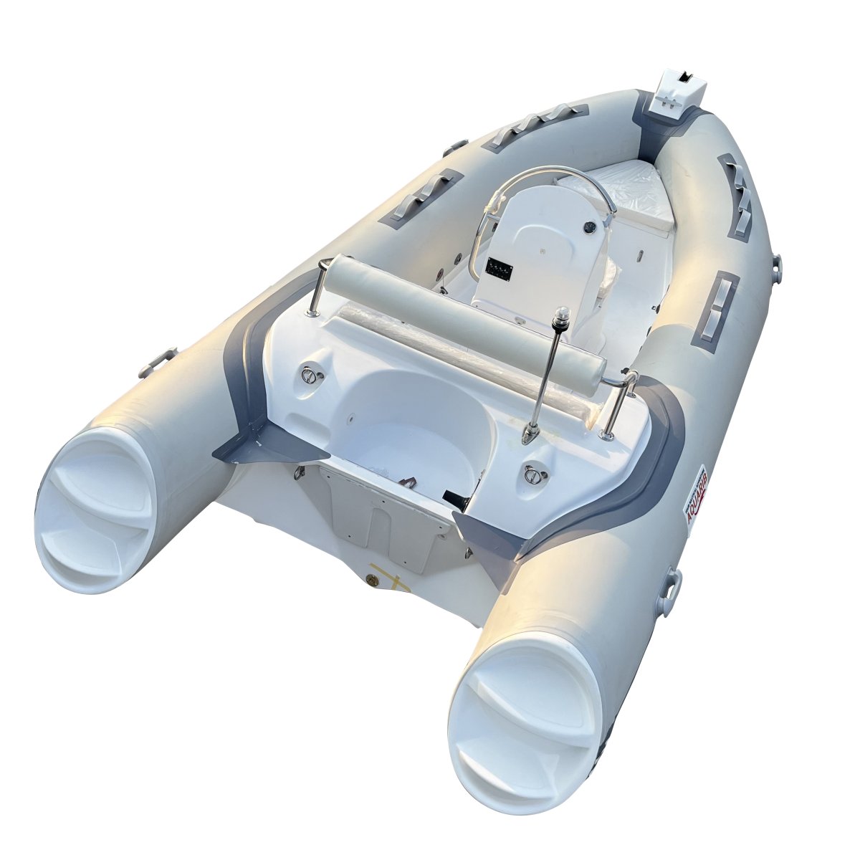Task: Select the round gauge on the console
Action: [x=588, y=227]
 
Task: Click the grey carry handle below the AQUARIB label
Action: [x=672, y=589]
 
